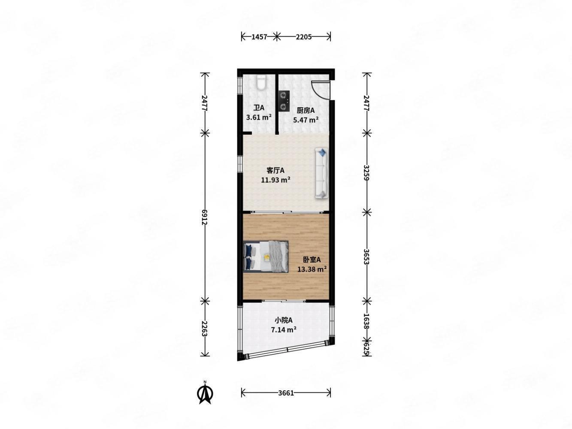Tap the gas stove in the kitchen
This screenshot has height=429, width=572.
point(283,101)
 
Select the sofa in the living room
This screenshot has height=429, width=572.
point(321,173)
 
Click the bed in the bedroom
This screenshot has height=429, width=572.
point(266,257)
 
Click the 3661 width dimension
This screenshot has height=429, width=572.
point(286,400)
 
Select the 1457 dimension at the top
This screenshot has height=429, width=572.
point(259,37)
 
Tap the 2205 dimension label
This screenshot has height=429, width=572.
point(303,37)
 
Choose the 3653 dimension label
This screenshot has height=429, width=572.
point(366,257)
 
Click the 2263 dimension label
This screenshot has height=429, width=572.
point(205,328)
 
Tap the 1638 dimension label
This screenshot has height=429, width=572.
point(366,321)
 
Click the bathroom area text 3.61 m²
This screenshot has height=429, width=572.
point(259,117)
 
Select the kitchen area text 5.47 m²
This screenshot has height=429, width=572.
point(306,120)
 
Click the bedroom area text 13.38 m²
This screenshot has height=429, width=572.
point(312,269)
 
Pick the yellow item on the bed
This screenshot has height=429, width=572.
point(266,257)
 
